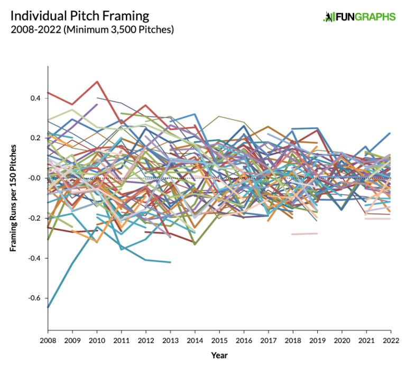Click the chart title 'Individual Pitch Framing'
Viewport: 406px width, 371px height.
[x=80, y=16]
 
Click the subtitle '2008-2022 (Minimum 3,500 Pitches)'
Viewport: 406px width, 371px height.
[x=93, y=30]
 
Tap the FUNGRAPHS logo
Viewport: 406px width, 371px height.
[x=359, y=17]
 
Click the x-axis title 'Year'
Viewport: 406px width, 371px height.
[x=219, y=355]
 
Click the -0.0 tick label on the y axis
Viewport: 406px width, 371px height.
[x=35, y=178]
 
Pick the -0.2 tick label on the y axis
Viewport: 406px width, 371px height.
[x=35, y=218]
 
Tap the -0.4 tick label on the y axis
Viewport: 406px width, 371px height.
[x=35, y=258]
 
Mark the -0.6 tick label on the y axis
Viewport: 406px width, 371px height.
[x=35, y=298]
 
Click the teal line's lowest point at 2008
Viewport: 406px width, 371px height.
[x=49, y=307]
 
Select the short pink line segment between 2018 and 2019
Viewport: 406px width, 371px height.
[x=304, y=233]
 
